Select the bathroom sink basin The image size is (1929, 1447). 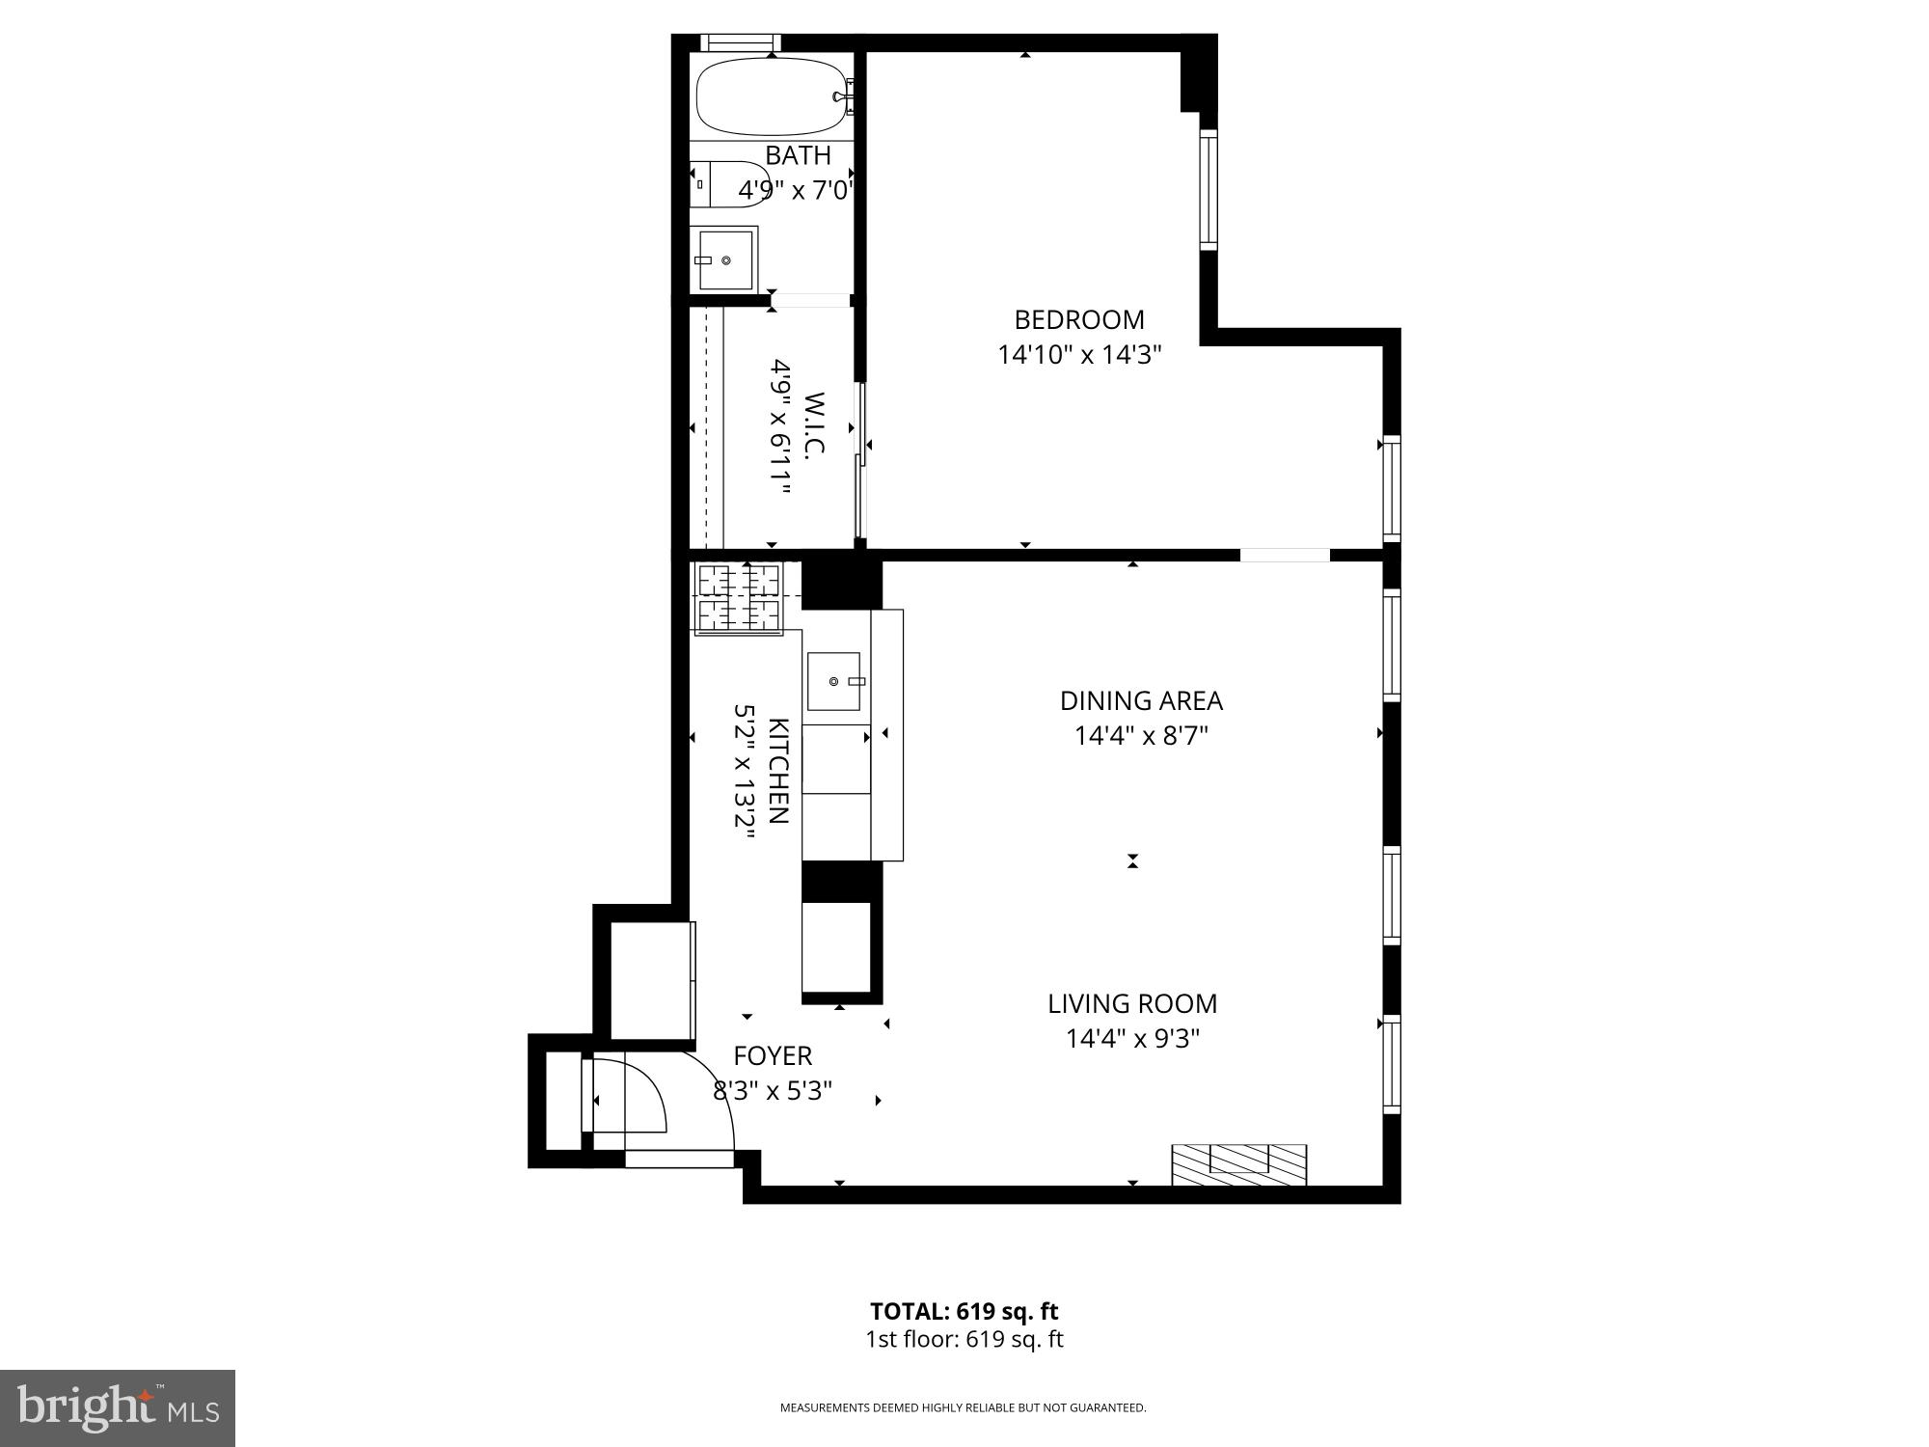[726, 259]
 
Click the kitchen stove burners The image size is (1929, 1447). [739, 596]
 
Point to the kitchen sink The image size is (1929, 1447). [834, 681]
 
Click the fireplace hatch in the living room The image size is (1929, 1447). [1239, 1164]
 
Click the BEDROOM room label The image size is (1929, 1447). [1079, 319]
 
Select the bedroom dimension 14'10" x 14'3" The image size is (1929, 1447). [1079, 355]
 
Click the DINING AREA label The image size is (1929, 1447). [1141, 700]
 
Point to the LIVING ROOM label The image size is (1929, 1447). [1132, 1003]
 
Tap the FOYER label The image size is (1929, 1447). [773, 1055]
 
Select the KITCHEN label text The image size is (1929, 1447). [779, 770]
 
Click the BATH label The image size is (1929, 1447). [799, 155]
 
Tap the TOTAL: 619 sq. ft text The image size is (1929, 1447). [964, 1311]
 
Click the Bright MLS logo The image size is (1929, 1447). [118, 1407]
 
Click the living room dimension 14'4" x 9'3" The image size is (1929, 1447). [1132, 1039]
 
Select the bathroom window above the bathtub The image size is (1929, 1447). [740, 42]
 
